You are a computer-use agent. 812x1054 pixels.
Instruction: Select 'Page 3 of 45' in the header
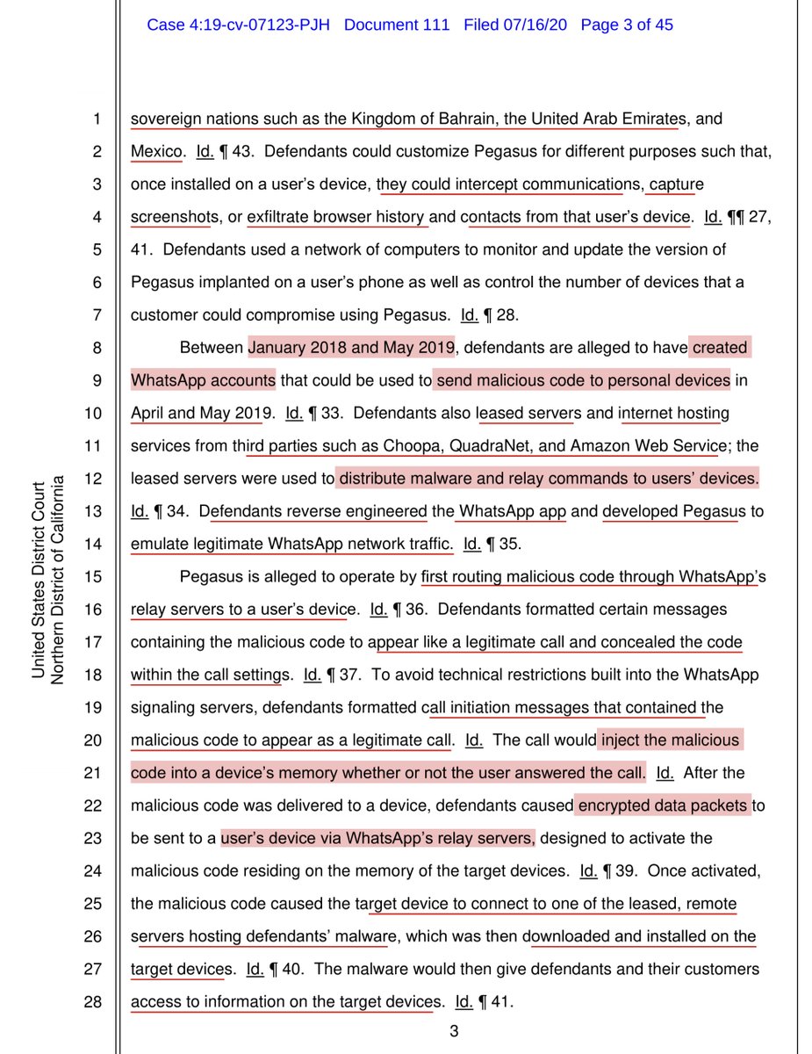click(x=627, y=25)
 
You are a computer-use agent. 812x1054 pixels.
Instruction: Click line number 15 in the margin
click(x=94, y=577)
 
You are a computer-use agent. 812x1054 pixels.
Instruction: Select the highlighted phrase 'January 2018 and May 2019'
click(x=351, y=348)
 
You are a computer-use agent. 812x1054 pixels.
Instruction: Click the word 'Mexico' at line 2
click(x=157, y=151)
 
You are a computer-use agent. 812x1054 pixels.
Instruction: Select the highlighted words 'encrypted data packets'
click(x=664, y=805)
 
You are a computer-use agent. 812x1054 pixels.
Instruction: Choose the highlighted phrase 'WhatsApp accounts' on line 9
click(x=203, y=380)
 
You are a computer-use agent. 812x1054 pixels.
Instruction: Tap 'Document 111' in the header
click(x=397, y=25)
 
